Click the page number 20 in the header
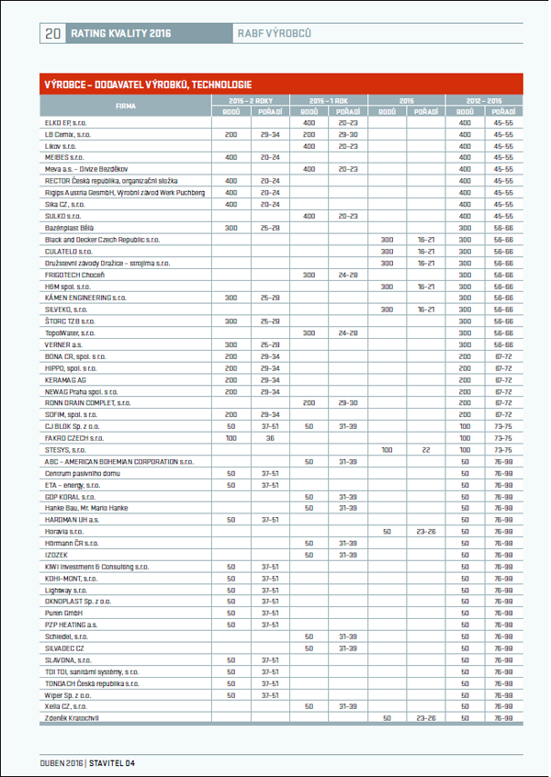[52, 33]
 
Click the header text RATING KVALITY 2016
[120, 33]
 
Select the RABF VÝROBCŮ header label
[275, 33]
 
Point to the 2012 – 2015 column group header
[484, 99]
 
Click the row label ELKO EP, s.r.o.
[65, 122]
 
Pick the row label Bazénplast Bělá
[70, 228]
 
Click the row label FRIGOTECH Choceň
[74, 275]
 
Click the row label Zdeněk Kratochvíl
[74, 718]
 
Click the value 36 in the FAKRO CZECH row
[270, 437]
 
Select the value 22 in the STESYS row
[426, 449]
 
